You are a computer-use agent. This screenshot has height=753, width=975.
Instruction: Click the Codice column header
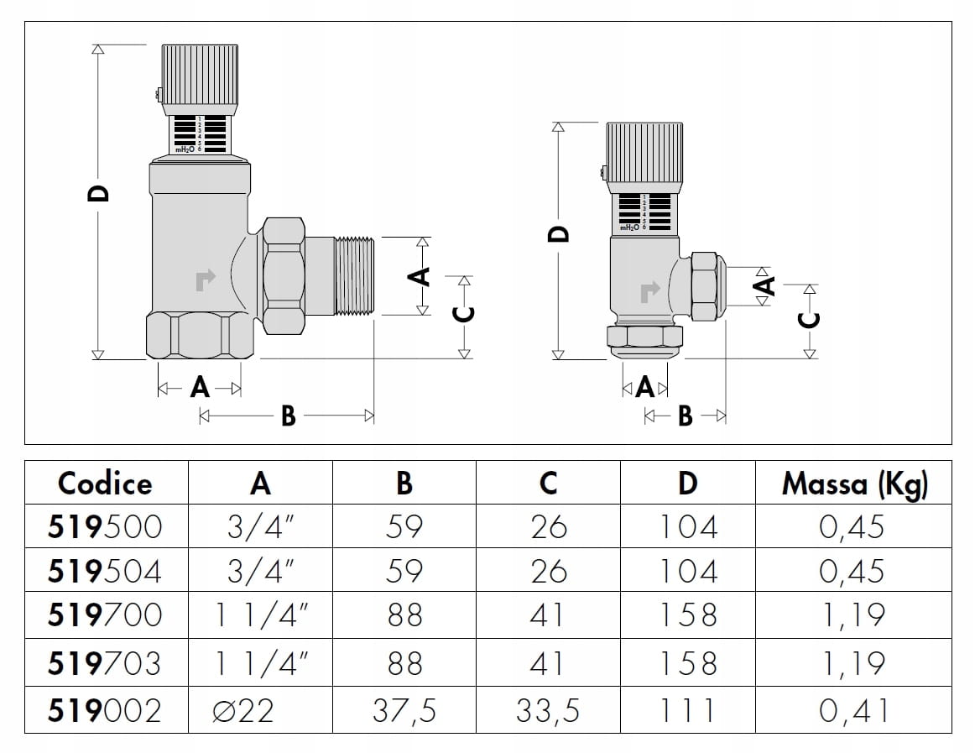tap(106, 484)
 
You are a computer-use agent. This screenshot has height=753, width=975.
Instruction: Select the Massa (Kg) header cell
tap(854, 484)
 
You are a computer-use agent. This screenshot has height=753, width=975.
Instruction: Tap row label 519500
tap(106, 527)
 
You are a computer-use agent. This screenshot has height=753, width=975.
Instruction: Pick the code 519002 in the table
tap(106, 711)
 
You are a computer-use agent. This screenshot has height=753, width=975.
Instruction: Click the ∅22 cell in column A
tap(244, 711)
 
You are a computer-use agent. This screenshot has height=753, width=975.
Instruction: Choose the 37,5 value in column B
tap(404, 711)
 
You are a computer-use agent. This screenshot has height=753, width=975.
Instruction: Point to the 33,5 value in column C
tap(548, 711)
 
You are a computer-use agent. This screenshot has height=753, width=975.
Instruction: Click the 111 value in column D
tap(687, 711)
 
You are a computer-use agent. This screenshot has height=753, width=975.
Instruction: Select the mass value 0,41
tap(852, 711)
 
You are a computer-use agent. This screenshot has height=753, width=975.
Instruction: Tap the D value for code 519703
tap(687, 663)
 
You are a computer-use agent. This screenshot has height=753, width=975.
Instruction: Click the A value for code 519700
tap(261, 615)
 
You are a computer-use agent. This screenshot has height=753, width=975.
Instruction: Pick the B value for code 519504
tap(404, 571)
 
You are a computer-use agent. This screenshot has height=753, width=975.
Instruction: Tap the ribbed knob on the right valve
tap(645, 152)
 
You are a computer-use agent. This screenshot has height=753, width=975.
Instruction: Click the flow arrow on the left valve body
tap(205, 280)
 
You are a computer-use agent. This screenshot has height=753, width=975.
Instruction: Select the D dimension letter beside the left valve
tap(99, 194)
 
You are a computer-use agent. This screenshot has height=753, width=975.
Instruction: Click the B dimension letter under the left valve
tap(288, 416)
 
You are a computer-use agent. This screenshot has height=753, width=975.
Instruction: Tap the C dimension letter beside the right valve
tap(809, 320)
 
